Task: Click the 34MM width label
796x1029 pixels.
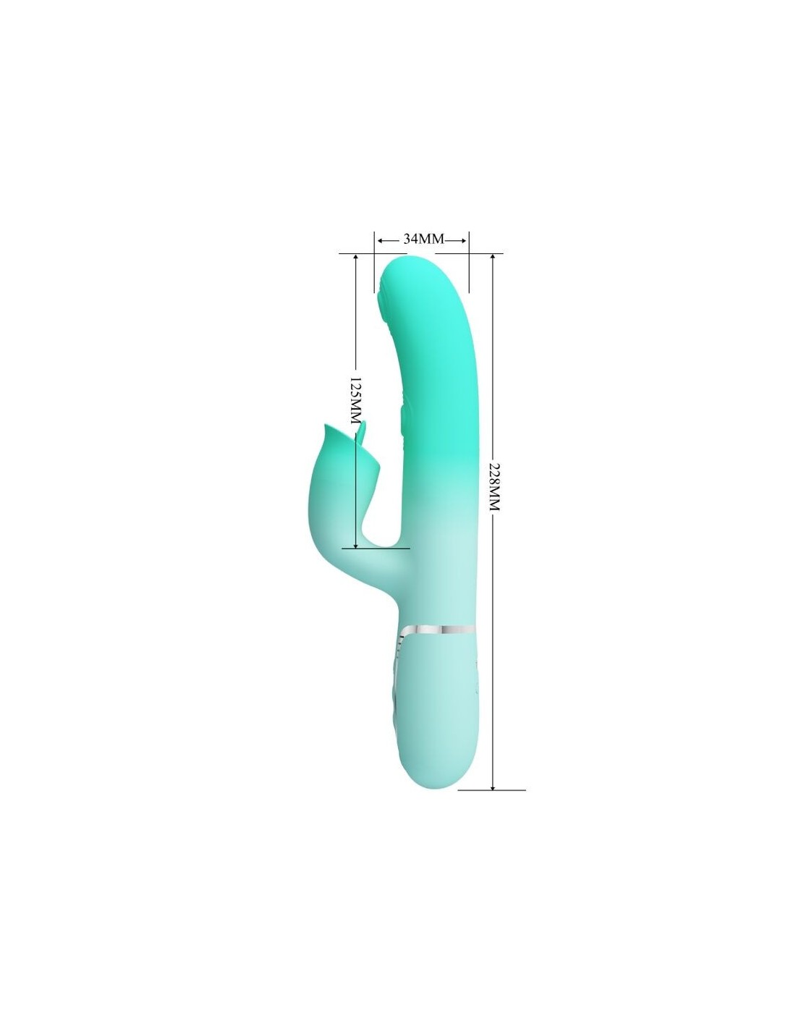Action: pyautogui.click(x=423, y=239)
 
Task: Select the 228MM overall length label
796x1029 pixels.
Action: pyautogui.click(x=494, y=486)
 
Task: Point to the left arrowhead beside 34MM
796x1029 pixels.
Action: pyautogui.click(x=380, y=240)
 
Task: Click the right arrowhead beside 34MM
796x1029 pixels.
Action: pyautogui.click(x=465, y=240)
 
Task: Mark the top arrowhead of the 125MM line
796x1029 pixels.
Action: pyautogui.click(x=355, y=257)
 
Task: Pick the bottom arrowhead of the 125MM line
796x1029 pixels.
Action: pyautogui.click(x=355, y=545)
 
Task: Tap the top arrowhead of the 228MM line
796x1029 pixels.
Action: pyautogui.click(x=493, y=257)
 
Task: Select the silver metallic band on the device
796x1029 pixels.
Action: pyautogui.click(x=438, y=630)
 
